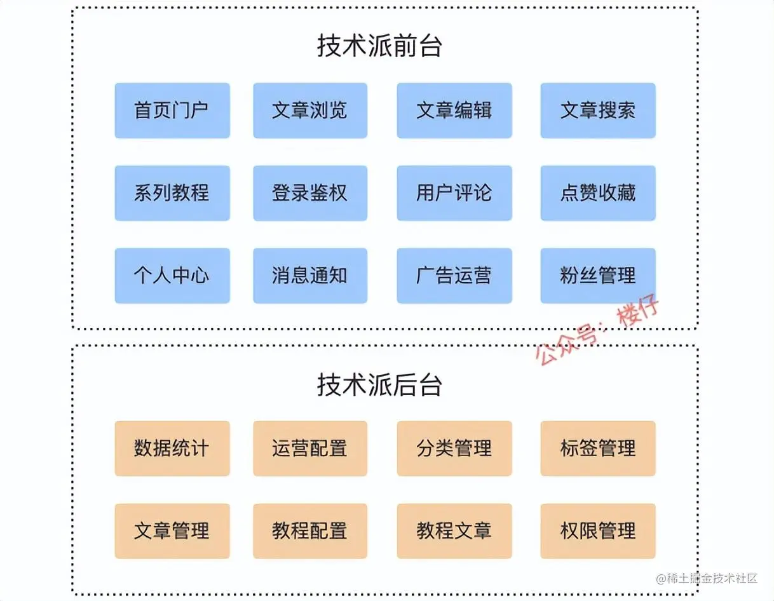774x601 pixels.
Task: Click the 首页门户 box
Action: [x=172, y=111]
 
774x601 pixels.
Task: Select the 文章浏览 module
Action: [x=310, y=111]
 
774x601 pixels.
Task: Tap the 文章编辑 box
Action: [x=454, y=111]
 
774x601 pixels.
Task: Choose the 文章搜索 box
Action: [x=597, y=111]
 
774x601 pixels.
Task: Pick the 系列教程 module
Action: [x=172, y=193]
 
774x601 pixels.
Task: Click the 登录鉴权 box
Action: [x=310, y=193]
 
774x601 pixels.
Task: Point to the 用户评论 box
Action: [x=454, y=193]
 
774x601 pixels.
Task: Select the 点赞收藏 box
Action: [x=597, y=193]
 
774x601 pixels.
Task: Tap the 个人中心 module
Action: [x=172, y=276]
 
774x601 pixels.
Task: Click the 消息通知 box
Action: [x=310, y=276]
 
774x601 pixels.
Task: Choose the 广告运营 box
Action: [x=454, y=276]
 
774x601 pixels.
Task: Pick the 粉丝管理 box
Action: [x=597, y=276]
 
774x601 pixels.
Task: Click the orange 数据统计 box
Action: [x=172, y=449]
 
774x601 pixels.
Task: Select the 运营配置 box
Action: [x=310, y=449]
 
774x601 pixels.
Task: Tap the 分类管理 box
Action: [x=454, y=449]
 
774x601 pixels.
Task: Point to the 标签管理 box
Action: [x=597, y=449]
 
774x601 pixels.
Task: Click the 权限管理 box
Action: [x=597, y=531]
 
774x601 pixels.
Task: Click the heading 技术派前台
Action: [x=379, y=46]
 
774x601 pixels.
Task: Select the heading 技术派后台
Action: [x=379, y=385]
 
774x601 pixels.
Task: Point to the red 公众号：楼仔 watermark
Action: [x=597, y=332]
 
